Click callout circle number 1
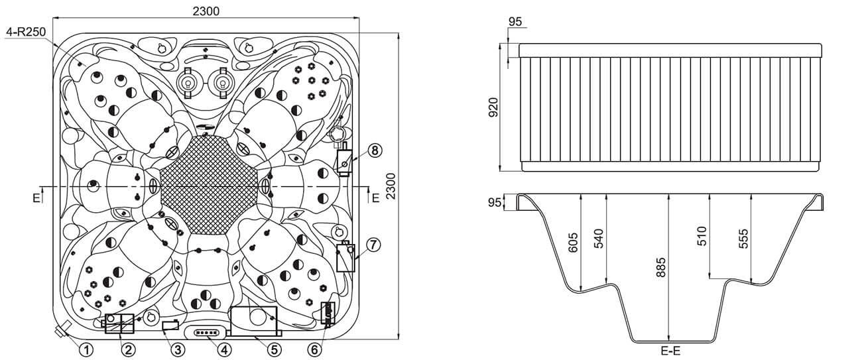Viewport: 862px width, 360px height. click(87, 350)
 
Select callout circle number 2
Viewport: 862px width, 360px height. click(128, 350)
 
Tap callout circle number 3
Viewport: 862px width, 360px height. click(178, 350)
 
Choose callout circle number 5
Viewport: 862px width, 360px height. click(274, 350)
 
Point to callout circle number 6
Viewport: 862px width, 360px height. click(314, 350)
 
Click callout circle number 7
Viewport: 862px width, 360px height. click(373, 245)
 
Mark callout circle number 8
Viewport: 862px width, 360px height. click(375, 150)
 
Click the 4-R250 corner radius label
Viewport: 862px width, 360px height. click(26, 32)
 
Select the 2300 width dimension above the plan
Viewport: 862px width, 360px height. click(206, 11)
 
